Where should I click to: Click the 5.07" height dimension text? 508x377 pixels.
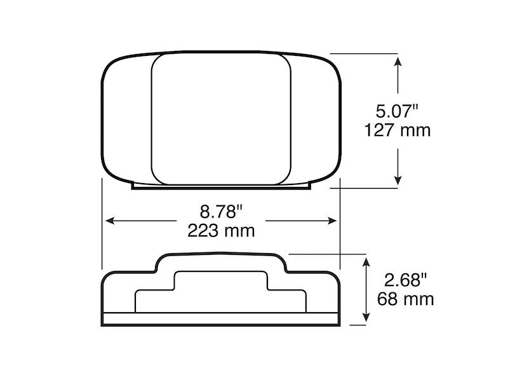click(398, 111)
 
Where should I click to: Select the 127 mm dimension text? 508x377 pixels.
click(398, 130)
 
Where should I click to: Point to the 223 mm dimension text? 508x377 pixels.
click(221, 230)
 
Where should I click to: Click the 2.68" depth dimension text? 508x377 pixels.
click(406, 279)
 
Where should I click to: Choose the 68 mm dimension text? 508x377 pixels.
click(406, 298)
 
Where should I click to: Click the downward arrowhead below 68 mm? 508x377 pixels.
click(366, 317)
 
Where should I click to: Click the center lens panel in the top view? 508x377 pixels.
click(221, 118)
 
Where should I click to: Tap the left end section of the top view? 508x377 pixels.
click(126, 118)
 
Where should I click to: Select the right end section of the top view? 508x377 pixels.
click(316, 118)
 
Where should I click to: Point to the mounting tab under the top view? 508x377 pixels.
click(221, 187)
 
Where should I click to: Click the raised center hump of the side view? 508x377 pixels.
click(221, 262)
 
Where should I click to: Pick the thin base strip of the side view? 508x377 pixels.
click(221, 319)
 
